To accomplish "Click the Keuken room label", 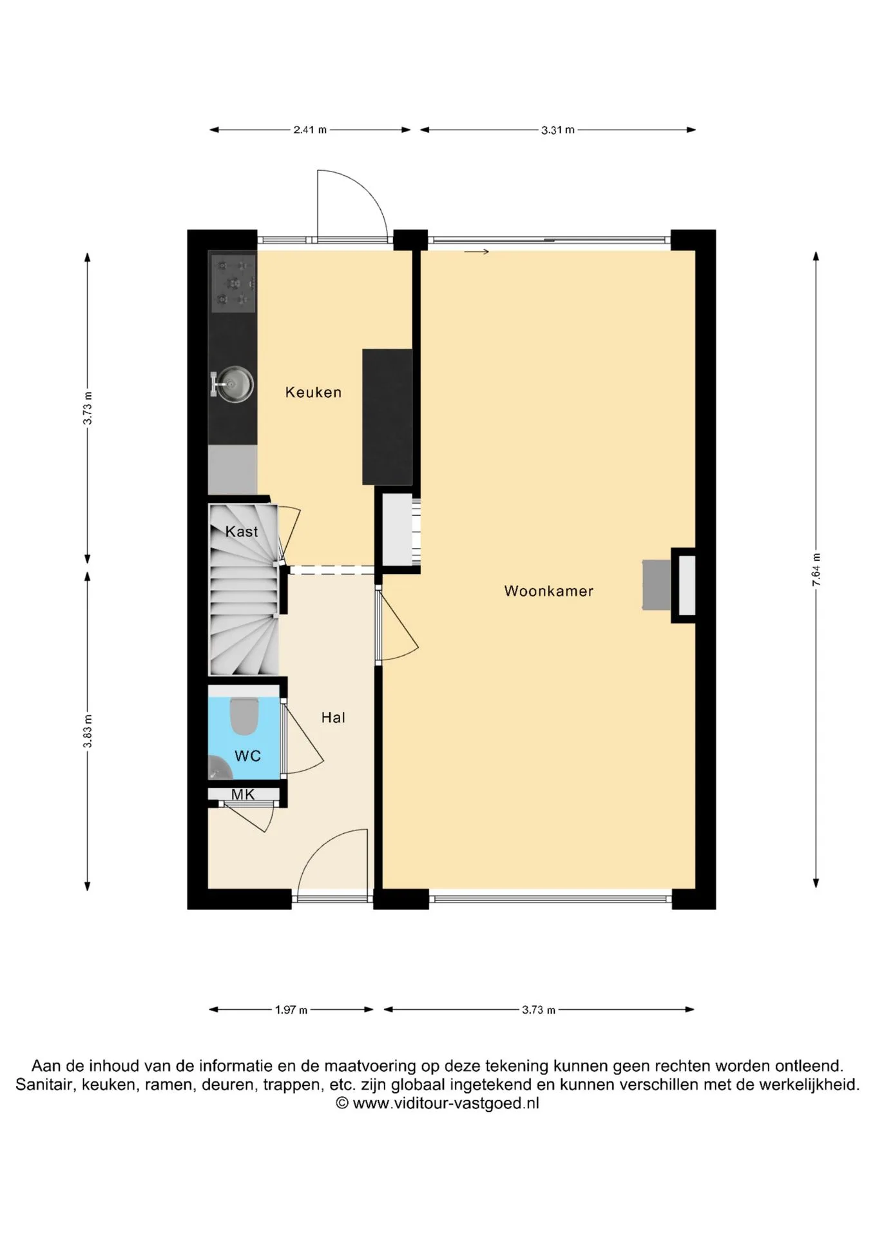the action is click(313, 392).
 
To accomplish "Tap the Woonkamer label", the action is click(548, 591).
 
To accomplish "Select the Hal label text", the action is click(333, 717).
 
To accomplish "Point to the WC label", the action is click(247, 756).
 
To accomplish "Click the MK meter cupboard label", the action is click(243, 794).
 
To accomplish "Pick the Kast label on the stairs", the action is click(242, 531).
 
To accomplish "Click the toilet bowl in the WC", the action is click(244, 716).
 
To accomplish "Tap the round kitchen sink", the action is click(233, 384).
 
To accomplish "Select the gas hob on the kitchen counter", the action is click(233, 282).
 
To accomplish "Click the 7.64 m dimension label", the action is click(816, 569).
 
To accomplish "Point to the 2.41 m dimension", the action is click(310, 130).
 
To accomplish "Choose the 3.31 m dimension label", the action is click(558, 130).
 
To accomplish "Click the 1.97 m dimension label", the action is click(291, 1010).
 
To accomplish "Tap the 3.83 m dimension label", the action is click(88, 731).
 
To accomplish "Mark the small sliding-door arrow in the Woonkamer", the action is click(476, 251).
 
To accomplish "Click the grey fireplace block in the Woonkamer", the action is click(657, 585).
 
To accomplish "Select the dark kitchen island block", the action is click(387, 417).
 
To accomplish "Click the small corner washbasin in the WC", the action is click(219, 769).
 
